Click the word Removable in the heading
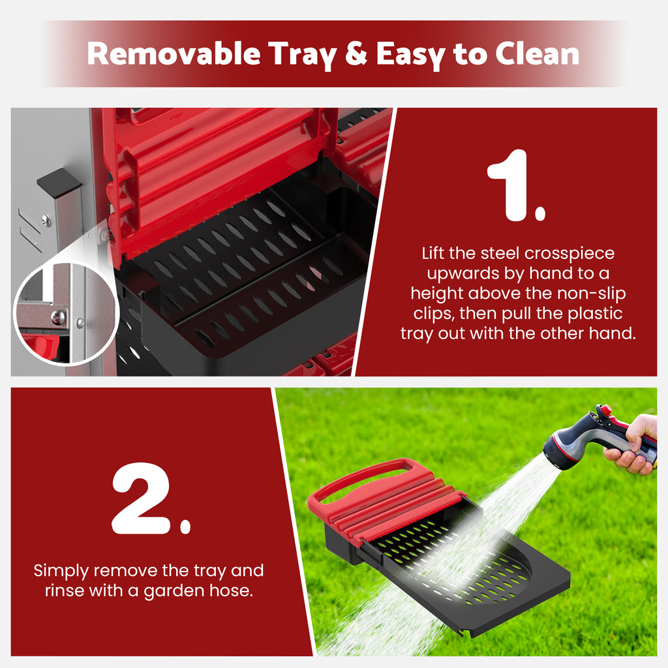pyautogui.click(x=174, y=53)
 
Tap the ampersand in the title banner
pyautogui.click(x=356, y=53)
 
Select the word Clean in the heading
pyautogui.click(x=537, y=53)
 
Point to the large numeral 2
pyautogui.click(x=142, y=498)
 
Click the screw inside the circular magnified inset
pyautogui.click(x=58, y=316)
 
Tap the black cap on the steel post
pyautogui.click(x=58, y=183)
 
